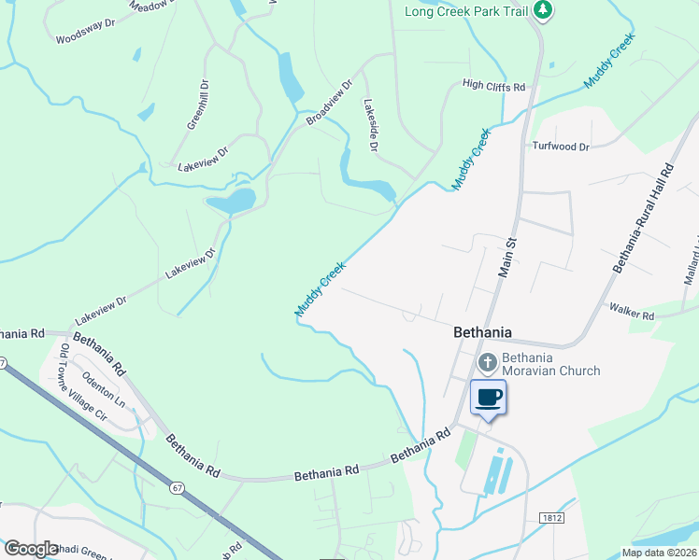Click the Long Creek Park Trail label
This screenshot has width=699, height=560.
465,11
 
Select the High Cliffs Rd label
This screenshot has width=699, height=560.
494,86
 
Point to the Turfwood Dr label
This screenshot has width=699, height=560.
561,147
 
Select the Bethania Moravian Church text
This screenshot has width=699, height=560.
550,364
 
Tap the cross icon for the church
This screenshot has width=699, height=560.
487,362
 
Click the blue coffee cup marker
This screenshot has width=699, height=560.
489,398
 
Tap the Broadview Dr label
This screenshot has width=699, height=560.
329,103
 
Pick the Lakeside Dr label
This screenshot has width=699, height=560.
371,126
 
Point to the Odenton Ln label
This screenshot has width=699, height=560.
104,386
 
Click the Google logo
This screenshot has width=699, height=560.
32,549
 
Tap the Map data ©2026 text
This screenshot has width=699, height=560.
658,553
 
